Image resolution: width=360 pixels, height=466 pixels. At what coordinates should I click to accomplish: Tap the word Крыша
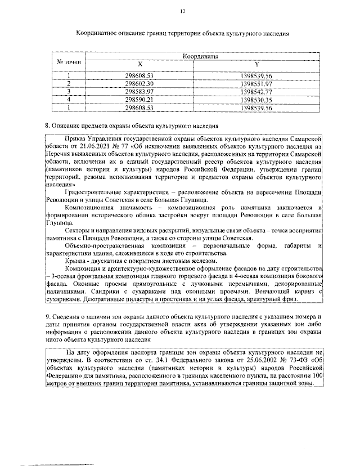75,261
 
